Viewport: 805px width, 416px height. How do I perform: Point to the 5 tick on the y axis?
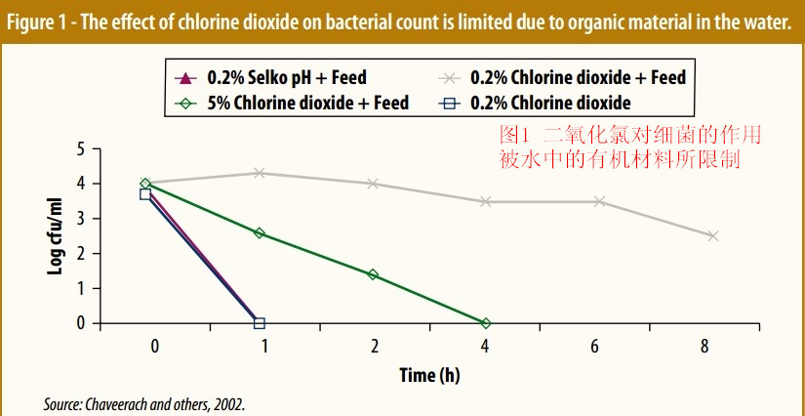[x=82, y=149]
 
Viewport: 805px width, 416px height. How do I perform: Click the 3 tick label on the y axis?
[x=82, y=219]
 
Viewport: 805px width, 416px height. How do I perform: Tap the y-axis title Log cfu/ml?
[x=57, y=235]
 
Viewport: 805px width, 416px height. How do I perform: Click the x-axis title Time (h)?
[x=429, y=375]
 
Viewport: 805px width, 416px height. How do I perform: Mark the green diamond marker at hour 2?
[x=373, y=274]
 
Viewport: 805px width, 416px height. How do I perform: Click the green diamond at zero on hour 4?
[x=486, y=323]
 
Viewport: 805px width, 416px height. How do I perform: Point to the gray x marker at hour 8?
[x=713, y=236]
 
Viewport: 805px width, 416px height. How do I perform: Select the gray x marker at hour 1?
[x=259, y=173]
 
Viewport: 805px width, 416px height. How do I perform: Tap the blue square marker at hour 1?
[x=259, y=323]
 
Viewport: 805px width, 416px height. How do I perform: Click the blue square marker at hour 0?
[x=145, y=194]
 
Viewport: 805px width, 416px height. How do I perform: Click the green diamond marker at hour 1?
[x=259, y=232]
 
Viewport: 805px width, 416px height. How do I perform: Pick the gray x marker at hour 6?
[x=600, y=201]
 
